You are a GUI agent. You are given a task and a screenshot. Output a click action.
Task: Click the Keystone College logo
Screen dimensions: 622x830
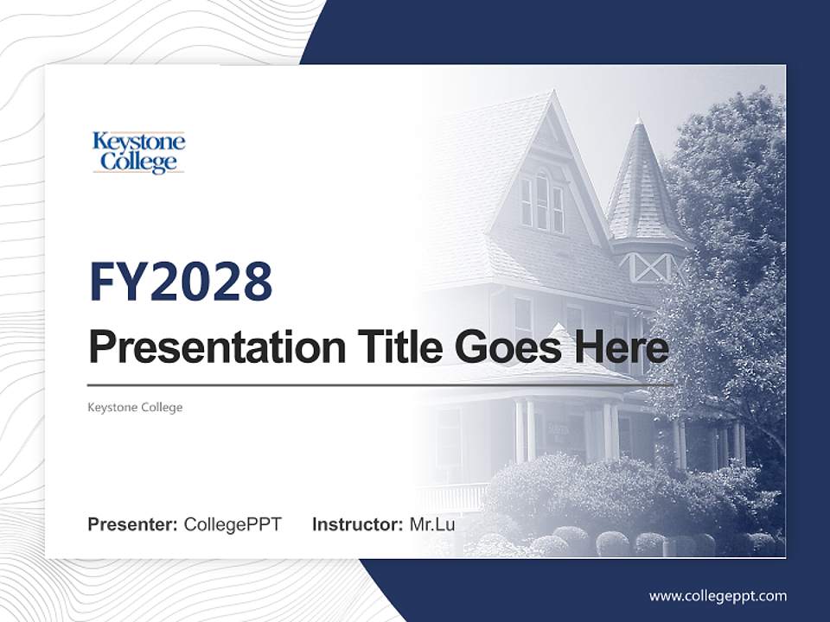click(138, 152)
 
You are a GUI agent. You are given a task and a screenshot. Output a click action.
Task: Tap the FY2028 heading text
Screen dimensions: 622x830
click(181, 282)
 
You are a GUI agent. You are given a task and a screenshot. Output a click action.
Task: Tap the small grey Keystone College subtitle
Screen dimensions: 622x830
click(135, 407)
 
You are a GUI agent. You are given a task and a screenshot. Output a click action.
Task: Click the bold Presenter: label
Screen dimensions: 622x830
click(133, 524)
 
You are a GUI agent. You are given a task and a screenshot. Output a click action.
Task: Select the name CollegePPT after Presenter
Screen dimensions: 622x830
click(233, 524)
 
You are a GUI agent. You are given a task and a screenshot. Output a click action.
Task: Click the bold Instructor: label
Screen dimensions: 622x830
click(357, 524)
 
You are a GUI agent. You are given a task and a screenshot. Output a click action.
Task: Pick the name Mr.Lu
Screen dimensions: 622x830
click(432, 524)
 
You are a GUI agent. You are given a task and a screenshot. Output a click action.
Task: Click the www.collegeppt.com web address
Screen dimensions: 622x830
click(718, 596)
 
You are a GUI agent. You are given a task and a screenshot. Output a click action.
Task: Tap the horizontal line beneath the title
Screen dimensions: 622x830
click(380, 384)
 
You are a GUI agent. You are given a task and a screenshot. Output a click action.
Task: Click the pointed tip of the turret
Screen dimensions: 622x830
click(638, 119)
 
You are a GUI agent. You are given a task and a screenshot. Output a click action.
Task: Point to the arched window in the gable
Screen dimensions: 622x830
click(542, 200)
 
